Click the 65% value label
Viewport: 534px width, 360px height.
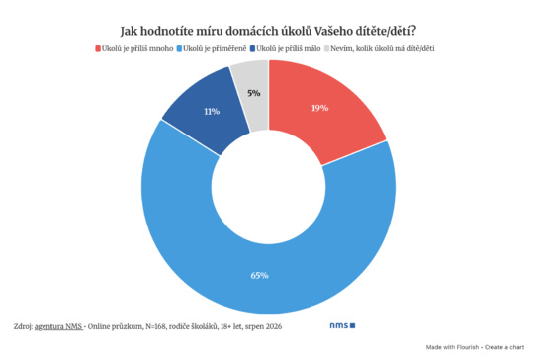coord(259,275)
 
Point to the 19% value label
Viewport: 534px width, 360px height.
coord(320,108)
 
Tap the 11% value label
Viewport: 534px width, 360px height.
coord(212,112)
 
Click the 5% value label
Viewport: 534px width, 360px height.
coord(254,93)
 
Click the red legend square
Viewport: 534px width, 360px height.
coord(98,49)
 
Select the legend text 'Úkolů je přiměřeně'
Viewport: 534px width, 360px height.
coord(215,49)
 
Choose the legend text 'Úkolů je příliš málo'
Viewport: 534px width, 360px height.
coord(289,49)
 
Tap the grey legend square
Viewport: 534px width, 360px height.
coord(326,49)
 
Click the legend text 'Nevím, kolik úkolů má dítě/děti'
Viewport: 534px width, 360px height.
coord(383,49)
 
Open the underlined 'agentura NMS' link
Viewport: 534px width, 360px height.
coord(58,326)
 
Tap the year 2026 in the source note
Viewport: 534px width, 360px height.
coord(274,326)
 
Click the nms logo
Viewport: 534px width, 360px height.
coord(342,326)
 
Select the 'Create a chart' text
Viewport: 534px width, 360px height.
coord(504,347)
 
